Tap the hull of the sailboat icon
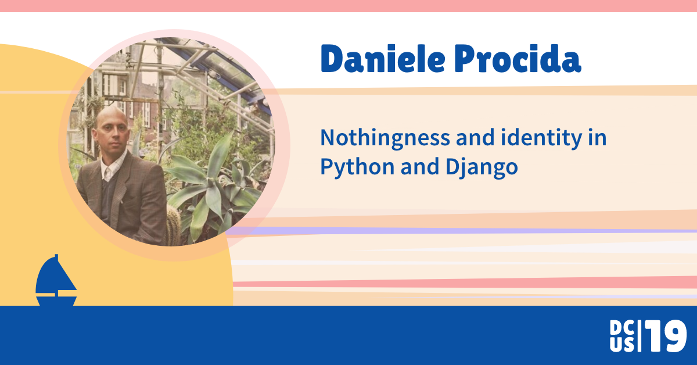coord(56,300)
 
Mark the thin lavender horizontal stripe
coord(465,231)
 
